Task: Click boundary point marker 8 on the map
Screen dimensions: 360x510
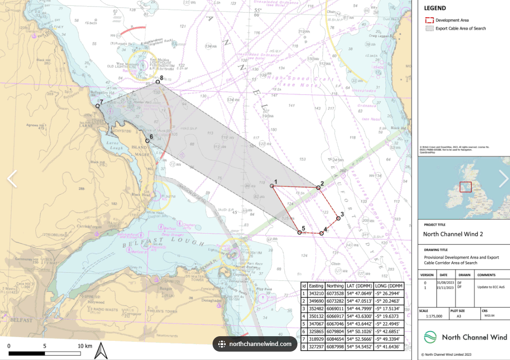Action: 158,82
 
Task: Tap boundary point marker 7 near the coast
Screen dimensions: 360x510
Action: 98,106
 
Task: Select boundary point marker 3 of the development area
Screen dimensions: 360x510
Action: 338,218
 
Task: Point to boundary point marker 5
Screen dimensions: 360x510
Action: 300,232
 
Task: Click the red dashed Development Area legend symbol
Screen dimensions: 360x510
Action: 429,21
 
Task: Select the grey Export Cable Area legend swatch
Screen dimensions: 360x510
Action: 429,28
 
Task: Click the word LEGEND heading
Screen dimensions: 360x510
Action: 434,8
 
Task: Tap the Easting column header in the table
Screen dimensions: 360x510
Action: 316,286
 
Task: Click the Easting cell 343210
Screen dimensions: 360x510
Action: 316,293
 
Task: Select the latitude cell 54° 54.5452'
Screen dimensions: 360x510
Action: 359,346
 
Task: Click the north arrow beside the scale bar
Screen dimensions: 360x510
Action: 101,350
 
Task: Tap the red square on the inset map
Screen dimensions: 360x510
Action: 465,187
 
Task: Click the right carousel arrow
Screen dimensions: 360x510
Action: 503,179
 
